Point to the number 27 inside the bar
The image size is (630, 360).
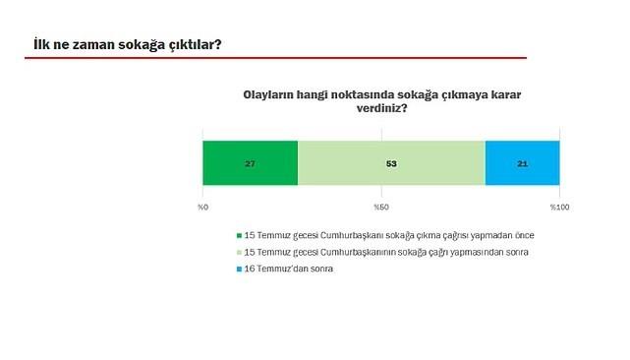click(250, 163)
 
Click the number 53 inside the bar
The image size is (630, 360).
click(391, 163)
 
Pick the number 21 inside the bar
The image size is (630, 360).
click(522, 163)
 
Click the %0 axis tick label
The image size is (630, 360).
click(202, 208)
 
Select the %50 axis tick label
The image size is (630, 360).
click(380, 208)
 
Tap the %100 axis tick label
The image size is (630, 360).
click(559, 208)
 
